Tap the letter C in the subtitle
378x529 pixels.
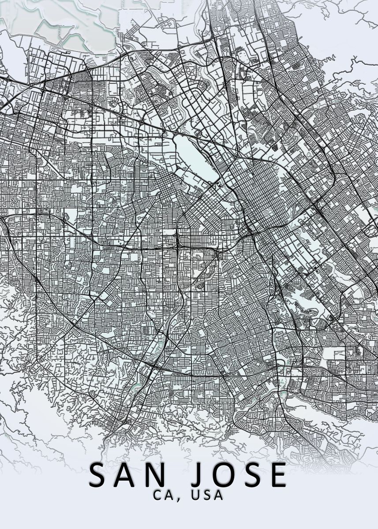[x=158, y=495]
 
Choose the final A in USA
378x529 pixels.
[x=218, y=495]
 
